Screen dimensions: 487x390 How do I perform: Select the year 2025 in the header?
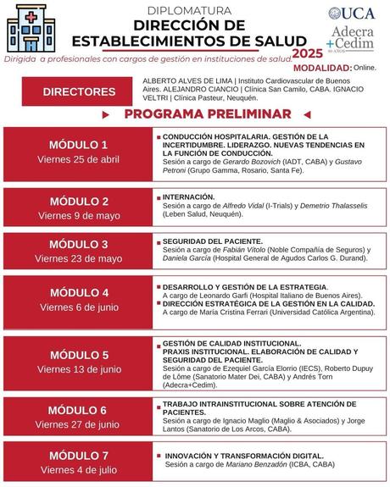point(307,53)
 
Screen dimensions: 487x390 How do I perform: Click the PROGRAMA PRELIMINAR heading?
point(208,114)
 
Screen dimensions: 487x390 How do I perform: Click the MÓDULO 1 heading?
point(79,145)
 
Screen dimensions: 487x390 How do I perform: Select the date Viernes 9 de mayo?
point(79,216)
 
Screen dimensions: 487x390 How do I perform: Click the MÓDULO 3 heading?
point(79,244)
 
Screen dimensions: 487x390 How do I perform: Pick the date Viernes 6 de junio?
point(79,307)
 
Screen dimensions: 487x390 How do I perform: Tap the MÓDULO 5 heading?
point(79,355)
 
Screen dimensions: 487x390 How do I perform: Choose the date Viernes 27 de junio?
point(79,424)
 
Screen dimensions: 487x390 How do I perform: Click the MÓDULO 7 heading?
point(79,455)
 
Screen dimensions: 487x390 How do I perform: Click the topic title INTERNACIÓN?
point(188,196)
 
